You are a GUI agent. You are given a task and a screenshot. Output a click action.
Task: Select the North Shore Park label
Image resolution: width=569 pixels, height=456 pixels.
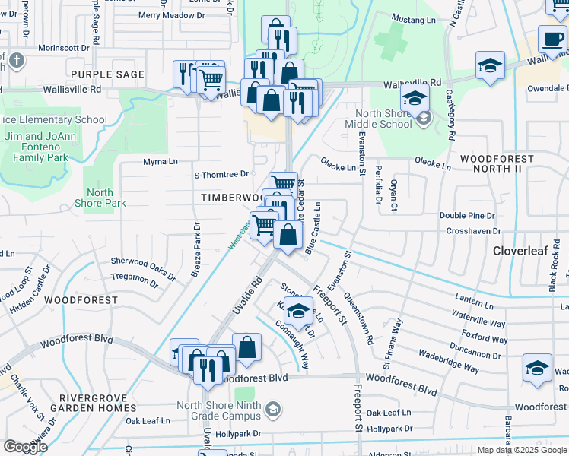[x=100, y=198]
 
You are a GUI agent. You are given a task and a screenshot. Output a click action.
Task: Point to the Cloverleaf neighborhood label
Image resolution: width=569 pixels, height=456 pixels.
[x=520, y=250]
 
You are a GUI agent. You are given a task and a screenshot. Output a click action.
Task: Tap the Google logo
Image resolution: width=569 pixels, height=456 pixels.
[x=25, y=447]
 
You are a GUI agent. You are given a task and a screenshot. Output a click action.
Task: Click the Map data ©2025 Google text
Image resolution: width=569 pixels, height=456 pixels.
[x=522, y=450]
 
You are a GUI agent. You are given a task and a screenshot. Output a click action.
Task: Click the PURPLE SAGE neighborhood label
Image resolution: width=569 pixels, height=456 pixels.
[x=107, y=74]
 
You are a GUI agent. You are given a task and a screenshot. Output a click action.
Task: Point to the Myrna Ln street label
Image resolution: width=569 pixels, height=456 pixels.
[x=161, y=162]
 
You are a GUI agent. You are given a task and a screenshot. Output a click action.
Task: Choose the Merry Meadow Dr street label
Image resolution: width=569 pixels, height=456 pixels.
[x=167, y=15]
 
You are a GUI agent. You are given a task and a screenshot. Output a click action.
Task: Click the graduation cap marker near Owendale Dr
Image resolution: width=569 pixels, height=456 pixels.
[x=491, y=66]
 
